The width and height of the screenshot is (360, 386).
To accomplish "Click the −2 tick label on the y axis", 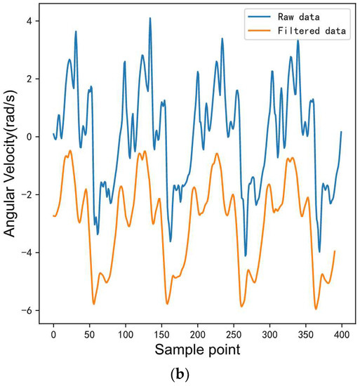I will click(27, 194).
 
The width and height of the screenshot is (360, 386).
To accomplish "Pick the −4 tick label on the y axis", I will click(27, 253).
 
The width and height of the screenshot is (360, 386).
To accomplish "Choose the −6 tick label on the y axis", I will click(27, 310).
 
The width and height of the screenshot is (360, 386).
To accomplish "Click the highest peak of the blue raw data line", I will click(150, 19).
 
